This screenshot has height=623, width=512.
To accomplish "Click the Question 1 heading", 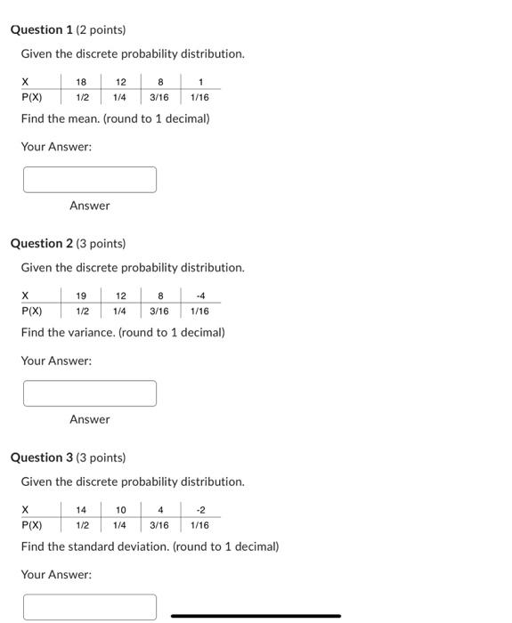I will click(68, 29).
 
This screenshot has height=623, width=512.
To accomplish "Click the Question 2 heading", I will click(68, 243).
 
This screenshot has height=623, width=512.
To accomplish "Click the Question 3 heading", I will click(68, 457).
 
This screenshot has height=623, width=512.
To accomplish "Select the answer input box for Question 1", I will click(90, 180).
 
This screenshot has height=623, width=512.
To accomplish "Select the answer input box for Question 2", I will click(90, 393).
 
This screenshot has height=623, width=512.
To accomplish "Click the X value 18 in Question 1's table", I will click(81, 82).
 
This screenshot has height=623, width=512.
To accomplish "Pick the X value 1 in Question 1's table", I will click(201, 82).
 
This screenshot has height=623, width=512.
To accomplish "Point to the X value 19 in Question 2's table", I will click(81, 296).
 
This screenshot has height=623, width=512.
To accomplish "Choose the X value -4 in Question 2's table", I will click(200, 296).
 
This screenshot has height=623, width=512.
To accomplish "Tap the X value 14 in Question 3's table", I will click(81, 510).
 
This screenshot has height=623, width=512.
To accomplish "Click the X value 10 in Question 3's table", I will click(121, 510).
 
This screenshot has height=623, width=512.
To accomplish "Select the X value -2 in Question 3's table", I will click(200, 510).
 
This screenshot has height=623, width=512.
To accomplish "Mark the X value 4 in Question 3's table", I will click(160, 510).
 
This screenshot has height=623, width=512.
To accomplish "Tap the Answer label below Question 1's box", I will click(90, 206).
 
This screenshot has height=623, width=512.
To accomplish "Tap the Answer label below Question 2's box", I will click(90, 419).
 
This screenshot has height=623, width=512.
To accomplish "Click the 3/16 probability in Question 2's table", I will click(159, 311).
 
